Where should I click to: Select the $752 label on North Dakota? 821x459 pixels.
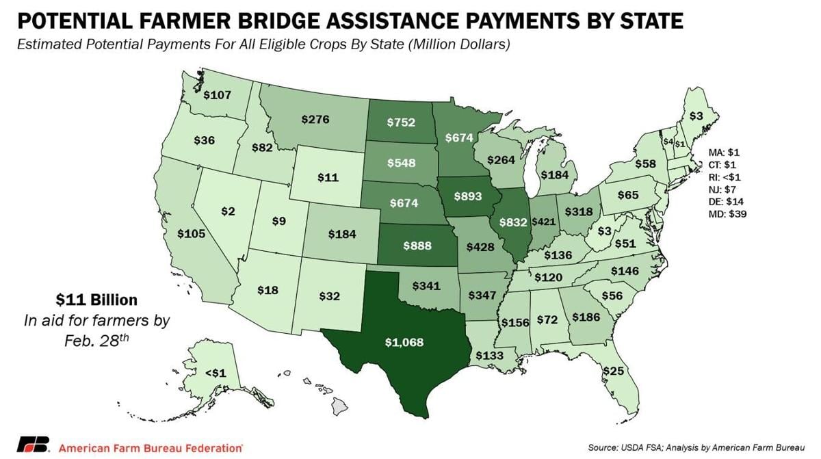click(400, 122)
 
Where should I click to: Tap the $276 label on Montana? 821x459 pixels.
click(315, 119)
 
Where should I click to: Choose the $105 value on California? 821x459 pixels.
click(191, 234)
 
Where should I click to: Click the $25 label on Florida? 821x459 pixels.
click(612, 371)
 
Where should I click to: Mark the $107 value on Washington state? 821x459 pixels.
click(217, 95)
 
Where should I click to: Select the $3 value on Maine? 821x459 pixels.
click(696, 116)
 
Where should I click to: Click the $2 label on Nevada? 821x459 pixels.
click(228, 211)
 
